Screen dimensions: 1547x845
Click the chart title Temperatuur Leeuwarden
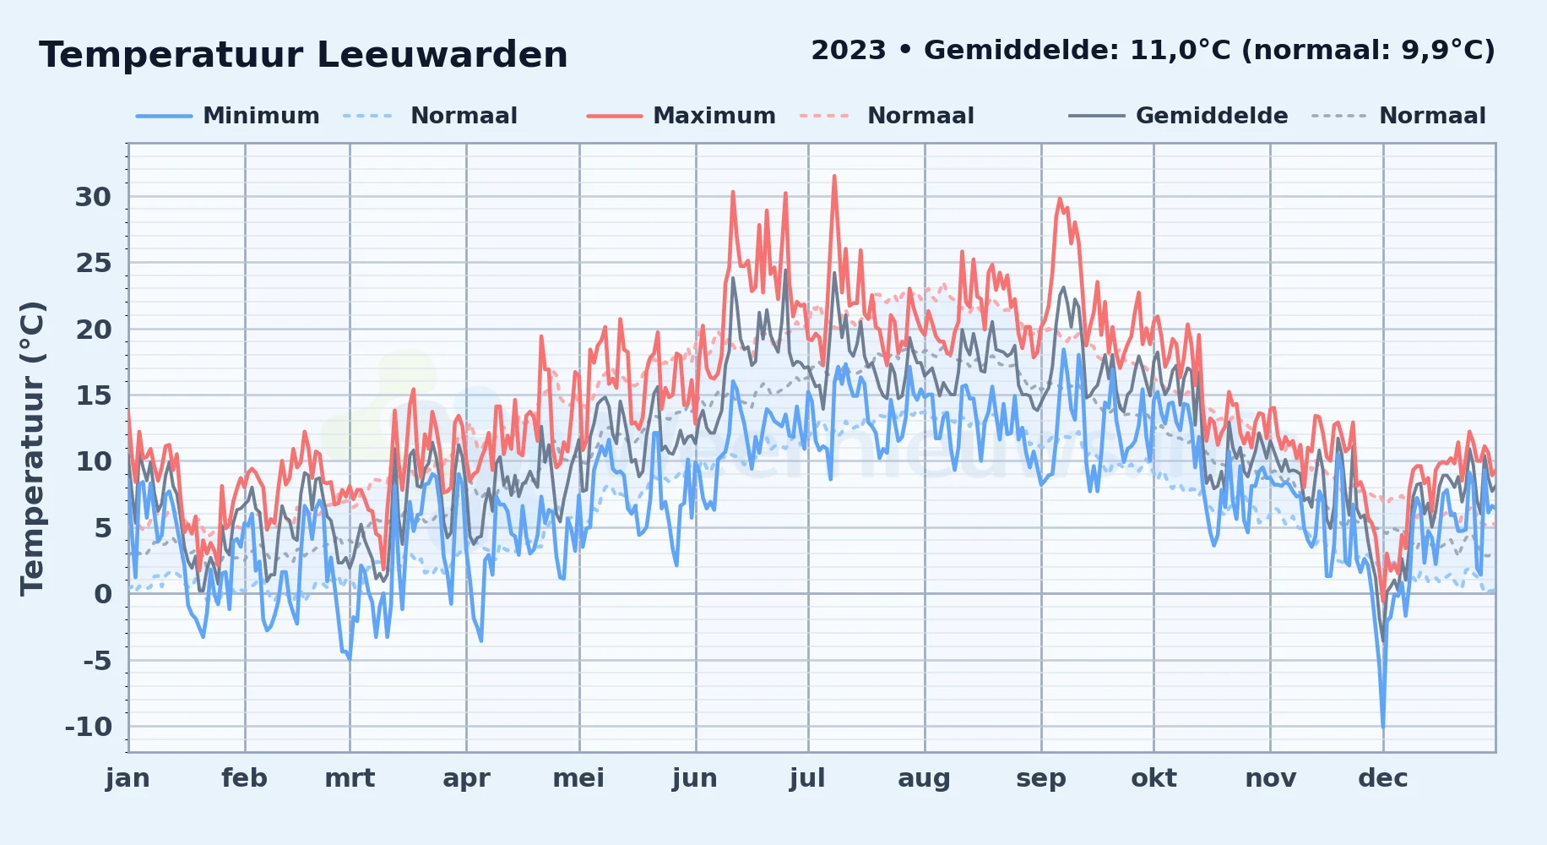(303, 55)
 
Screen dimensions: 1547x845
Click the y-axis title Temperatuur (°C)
(32, 449)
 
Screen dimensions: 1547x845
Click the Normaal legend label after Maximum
(920, 116)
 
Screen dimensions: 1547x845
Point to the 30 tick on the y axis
(93, 197)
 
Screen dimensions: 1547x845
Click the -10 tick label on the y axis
(89, 727)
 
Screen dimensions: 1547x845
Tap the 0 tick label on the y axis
(103, 594)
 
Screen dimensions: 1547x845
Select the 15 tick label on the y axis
(93, 395)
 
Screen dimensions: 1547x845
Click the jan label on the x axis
(128, 778)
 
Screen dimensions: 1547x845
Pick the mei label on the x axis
(578, 778)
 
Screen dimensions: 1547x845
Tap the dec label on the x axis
(1383, 778)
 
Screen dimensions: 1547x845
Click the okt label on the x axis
(1153, 778)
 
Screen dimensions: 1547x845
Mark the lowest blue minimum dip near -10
(1382, 726)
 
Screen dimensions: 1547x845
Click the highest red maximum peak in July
(834, 177)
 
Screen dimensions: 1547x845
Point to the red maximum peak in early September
(1060, 199)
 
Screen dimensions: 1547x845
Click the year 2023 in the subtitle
(849, 51)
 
